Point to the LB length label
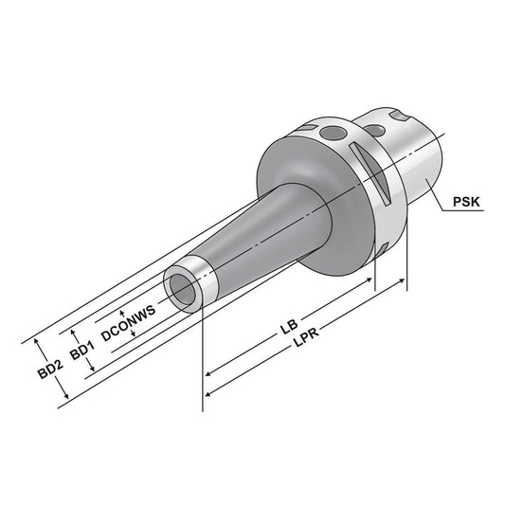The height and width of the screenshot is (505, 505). (285, 333)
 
